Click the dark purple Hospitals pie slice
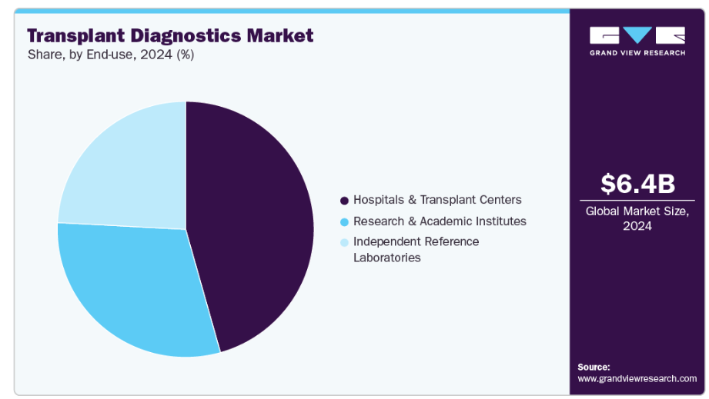(254, 231)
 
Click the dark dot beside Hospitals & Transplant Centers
(344, 201)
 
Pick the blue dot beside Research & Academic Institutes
(344, 221)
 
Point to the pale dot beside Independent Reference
(344, 242)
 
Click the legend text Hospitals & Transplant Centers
(437, 200)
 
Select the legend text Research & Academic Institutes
(440, 221)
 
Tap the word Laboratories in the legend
(386, 258)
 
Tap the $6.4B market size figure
(637, 184)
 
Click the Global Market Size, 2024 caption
(637, 218)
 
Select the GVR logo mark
(637, 35)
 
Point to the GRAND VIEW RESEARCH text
(637, 52)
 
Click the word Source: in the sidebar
(594, 367)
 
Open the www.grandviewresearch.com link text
(637, 378)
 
